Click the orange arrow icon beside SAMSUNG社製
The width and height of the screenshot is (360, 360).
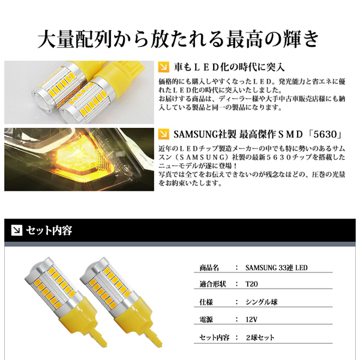tap(164, 133)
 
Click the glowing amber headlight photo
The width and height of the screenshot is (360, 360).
tap(79, 159)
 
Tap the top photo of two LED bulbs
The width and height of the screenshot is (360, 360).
tap(79, 90)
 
